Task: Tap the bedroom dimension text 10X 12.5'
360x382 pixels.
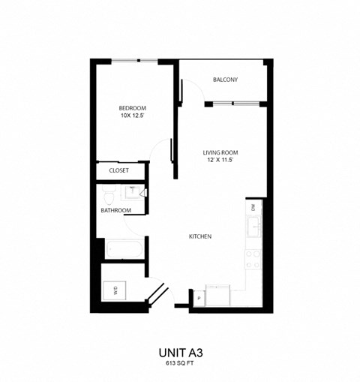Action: click(x=132, y=116)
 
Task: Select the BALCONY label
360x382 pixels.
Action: click(x=225, y=80)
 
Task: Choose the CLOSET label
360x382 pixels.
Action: click(x=119, y=171)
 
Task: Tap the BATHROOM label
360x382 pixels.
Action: click(x=116, y=210)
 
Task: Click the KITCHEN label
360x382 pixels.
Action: click(x=200, y=236)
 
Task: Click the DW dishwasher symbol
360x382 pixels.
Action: click(x=253, y=206)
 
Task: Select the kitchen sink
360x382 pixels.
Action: click(x=254, y=226)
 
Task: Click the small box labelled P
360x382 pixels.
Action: click(x=199, y=298)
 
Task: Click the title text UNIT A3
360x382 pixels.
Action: click(x=180, y=351)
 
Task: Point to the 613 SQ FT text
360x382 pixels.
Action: click(x=180, y=363)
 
